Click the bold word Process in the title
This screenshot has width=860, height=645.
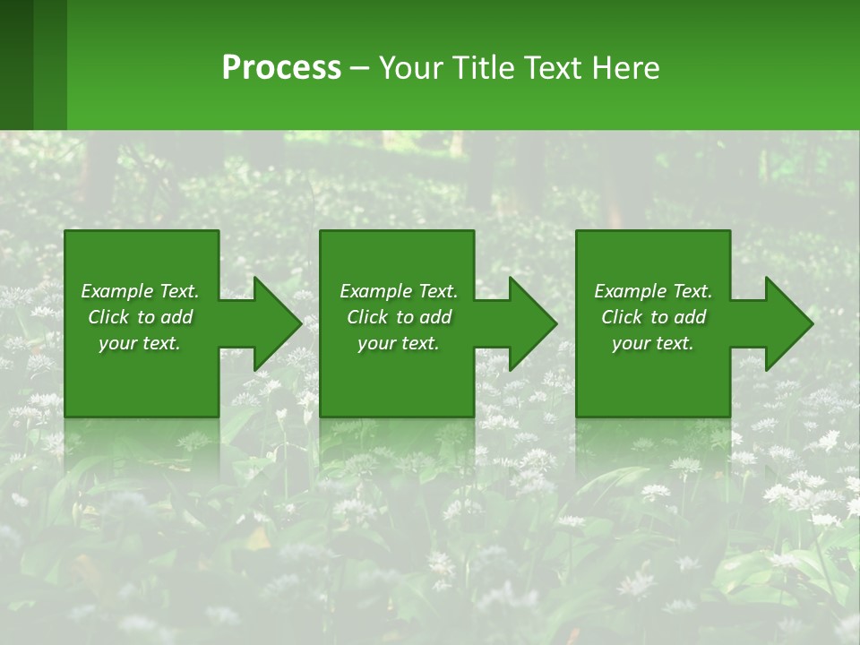pyautogui.click(x=281, y=68)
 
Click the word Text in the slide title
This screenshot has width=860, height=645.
pyautogui.click(x=554, y=68)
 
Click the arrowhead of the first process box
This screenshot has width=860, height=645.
pyautogui.click(x=274, y=323)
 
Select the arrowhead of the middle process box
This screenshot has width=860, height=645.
pyautogui.click(x=530, y=323)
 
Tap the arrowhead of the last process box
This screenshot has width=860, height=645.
pyautogui.click(x=787, y=323)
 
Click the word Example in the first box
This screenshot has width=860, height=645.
pyautogui.click(x=117, y=291)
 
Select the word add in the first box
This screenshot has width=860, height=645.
pyautogui.click(x=177, y=317)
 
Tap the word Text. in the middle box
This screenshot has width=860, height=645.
pyautogui.click(x=436, y=291)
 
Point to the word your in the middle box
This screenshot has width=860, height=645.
pyautogui.click(x=376, y=344)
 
